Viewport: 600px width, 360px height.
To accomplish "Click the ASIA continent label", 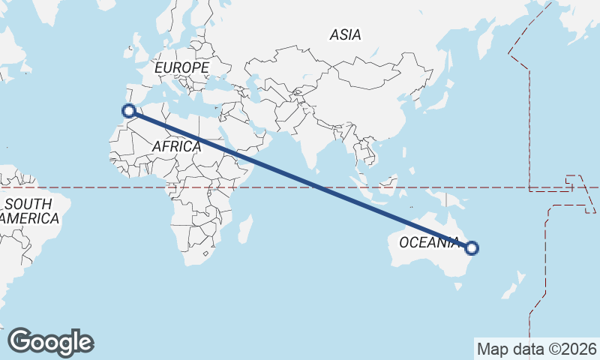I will coord(345,34).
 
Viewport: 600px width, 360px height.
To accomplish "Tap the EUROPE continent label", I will coord(181,67).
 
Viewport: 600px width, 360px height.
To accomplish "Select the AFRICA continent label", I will coord(176,146).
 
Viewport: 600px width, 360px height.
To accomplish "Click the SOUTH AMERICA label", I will coord(30,211).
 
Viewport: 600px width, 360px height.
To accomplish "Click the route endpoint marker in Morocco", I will coord(129,111).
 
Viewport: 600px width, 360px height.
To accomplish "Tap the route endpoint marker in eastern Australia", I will coord(472,248).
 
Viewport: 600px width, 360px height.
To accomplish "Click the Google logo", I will coord(50,342).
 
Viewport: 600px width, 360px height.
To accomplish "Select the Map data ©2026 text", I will coord(536,349).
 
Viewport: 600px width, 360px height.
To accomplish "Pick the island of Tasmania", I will coord(451,283).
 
